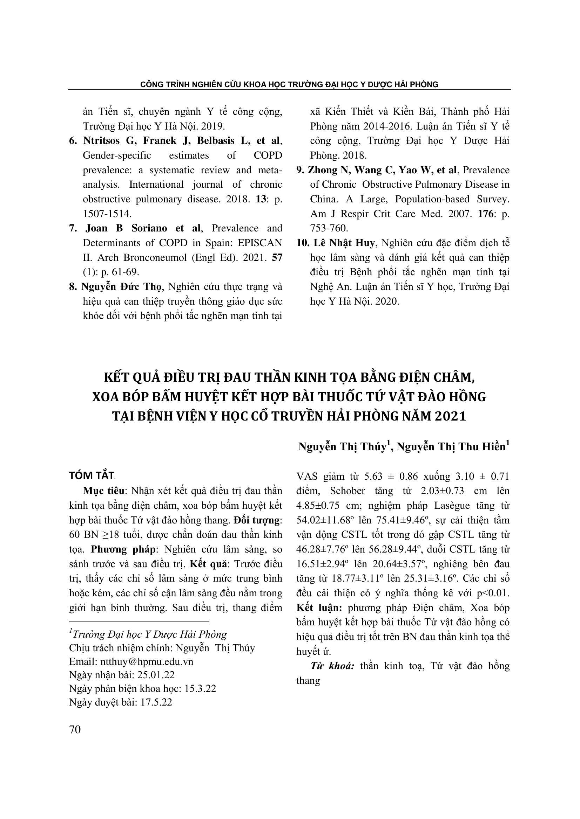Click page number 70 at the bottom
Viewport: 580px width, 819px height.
[x=75, y=729]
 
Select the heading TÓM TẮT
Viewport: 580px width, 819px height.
[x=92, y=476]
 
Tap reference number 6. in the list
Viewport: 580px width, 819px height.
[x=73, y=140]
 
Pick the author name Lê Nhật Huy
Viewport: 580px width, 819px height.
[x=344, y=243]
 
